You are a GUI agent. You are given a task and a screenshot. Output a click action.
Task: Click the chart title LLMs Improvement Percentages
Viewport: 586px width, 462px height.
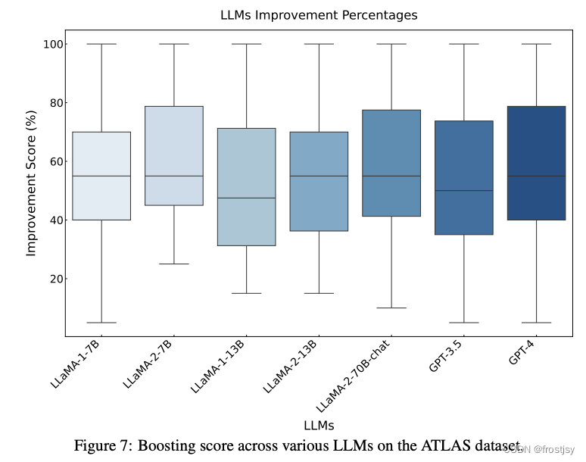tap(318, 15)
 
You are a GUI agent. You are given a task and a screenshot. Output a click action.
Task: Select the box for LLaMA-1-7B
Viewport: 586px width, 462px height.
tap(101, 176)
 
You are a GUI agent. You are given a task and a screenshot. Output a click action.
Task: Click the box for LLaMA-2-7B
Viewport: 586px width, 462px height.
tap(173, 155)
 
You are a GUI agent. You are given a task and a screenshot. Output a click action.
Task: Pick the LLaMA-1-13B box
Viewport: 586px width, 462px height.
tap(246, 186)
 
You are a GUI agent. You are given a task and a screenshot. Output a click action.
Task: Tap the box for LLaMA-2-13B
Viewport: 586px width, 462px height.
tap(319, 181)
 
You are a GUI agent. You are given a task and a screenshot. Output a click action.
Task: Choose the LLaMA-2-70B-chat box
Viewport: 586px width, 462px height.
tap(391, 163)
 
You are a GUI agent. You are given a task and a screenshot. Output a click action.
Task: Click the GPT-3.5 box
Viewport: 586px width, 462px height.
tap(463, 177)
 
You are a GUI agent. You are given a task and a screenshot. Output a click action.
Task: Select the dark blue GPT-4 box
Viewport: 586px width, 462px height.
tap(536, 163)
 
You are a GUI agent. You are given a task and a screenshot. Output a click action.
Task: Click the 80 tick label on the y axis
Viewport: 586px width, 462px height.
tap(51, 103)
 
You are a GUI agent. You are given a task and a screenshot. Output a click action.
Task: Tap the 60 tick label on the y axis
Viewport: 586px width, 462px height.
tap(51, 161)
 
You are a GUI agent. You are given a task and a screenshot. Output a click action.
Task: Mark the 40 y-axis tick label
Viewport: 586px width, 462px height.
tap(51, 220)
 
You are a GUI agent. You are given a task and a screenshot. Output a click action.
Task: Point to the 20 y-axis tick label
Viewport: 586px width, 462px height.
tap(51, 279)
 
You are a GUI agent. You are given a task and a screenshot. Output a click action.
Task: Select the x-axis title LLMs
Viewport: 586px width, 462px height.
tap(318, 425)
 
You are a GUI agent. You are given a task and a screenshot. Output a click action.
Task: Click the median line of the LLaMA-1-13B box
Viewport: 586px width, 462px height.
tap(246, 198)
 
